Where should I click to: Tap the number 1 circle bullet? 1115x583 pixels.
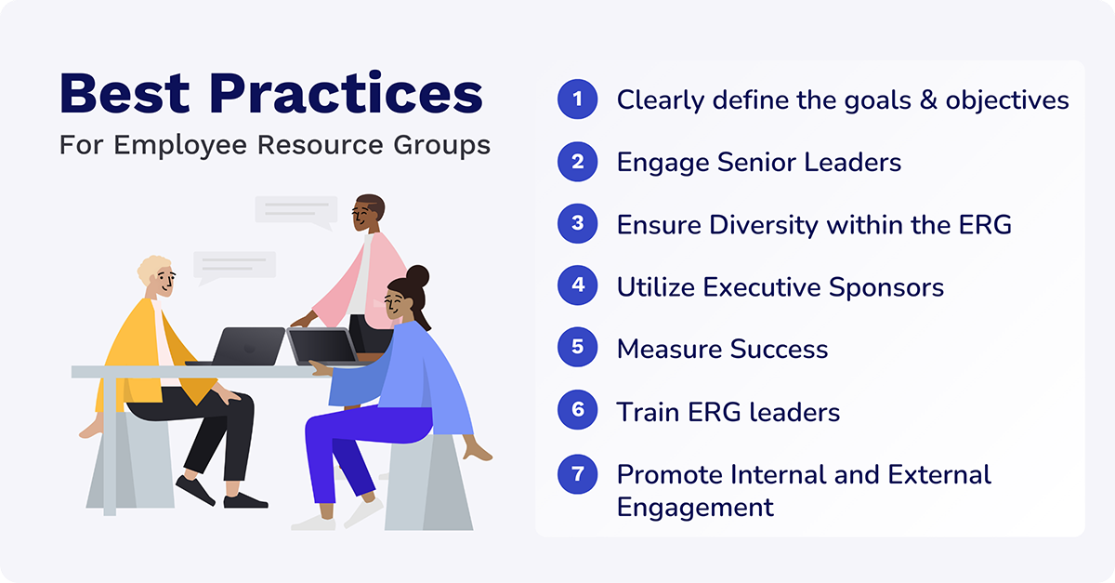pos(577,99)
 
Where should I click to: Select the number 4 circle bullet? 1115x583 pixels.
pos(577,286)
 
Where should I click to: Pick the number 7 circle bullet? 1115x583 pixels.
pos(577,474)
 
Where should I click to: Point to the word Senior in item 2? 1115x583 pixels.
pos(763,163)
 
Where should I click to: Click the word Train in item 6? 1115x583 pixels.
pos(648,412)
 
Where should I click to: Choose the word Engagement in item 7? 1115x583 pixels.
pos(695,507)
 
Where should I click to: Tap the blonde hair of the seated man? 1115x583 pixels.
pos(153,268)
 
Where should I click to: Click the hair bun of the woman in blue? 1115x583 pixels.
pos(417,276)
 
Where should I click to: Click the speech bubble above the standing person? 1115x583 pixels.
pos(295,210)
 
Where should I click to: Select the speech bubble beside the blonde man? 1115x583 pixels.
pos(234,265)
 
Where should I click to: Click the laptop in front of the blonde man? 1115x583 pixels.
pos(245,347)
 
